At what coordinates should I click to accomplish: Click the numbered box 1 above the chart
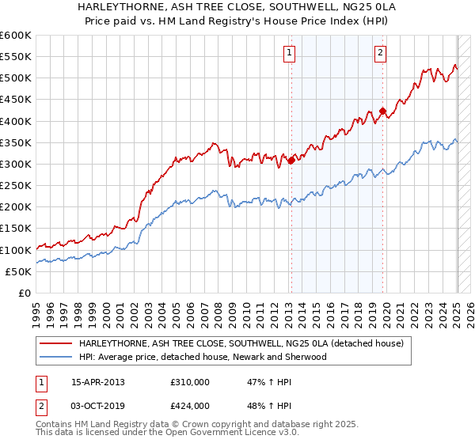pyautogui.click(x=289, y=53)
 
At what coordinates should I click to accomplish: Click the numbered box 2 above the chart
pyautogui.click(x=380, y=53)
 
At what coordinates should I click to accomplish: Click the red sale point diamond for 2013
pyautogui.click(x=291, y=161)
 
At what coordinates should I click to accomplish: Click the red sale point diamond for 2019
pyautogui.click(x=382, y=112)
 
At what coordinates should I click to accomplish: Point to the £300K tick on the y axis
pyautogui.click(x=17, y=164)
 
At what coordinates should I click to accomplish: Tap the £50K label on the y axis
pyautogui.click(x=20, y=271)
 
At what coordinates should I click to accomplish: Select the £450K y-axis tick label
pyautogui.click(x=17, y=100)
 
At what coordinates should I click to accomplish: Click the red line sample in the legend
pyautogui.click(x=56, y=343)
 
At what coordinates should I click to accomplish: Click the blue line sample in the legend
pyautogui.click(x=56, y=357)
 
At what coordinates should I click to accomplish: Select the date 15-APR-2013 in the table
pyautogui.click(x=98, y=381)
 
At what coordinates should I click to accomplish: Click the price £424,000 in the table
pyautogui.click(x=190, y=406)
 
